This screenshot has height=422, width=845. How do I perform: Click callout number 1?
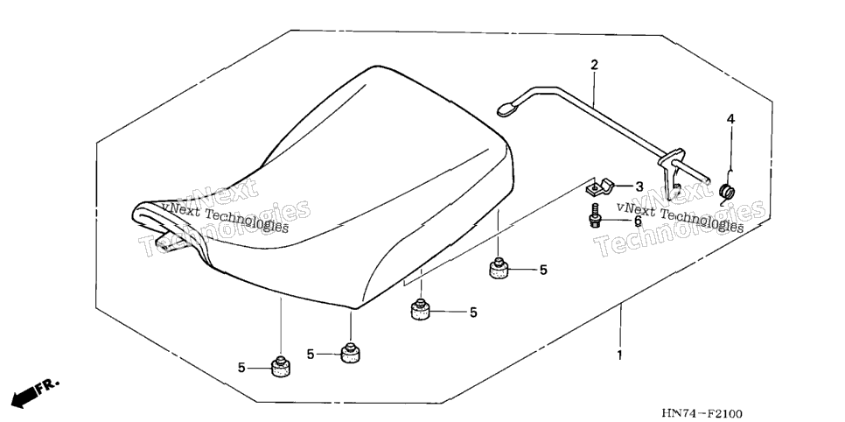tap(619, 356)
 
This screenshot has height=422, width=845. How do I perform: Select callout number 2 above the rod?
tap(595, 66)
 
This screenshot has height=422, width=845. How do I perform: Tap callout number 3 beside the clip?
tap(639, 186)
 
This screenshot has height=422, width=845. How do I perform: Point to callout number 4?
tap(730, 119)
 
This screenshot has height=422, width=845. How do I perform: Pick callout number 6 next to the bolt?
tap(638, 220)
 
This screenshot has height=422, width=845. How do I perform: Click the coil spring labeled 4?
tap(728, 191)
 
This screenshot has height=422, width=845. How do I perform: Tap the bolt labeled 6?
tap(595, 215)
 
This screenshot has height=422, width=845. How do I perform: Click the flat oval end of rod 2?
tap(506, 110)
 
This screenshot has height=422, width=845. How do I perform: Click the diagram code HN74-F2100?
tap(702, 414)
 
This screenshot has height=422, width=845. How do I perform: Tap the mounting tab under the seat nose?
tap(167, 242)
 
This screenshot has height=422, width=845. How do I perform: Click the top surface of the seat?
tap(345, 162)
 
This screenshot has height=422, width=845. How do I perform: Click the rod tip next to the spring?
tap(705, 180)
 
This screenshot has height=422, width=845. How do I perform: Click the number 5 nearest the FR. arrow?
tap(241, 368)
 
